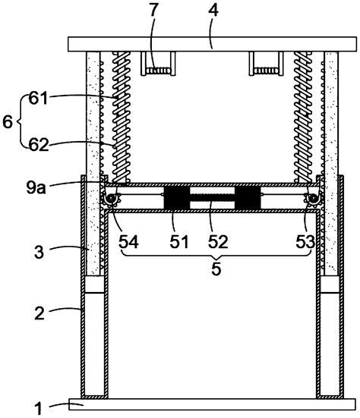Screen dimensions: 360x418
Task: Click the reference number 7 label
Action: click(153, 10)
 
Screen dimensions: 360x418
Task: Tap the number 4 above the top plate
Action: click(213, 10)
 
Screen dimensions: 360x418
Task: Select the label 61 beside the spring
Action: click(38, 99)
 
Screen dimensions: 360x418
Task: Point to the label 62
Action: click(39, 146)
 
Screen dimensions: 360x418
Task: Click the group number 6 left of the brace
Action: click(8, 122)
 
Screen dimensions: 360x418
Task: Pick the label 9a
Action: click(36, 187)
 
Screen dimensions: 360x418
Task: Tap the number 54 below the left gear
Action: click(128, 242)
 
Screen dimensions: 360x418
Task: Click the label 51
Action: click(179, 242)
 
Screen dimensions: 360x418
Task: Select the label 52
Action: click(218, 242)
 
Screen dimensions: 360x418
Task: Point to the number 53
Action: click(305, 242)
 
